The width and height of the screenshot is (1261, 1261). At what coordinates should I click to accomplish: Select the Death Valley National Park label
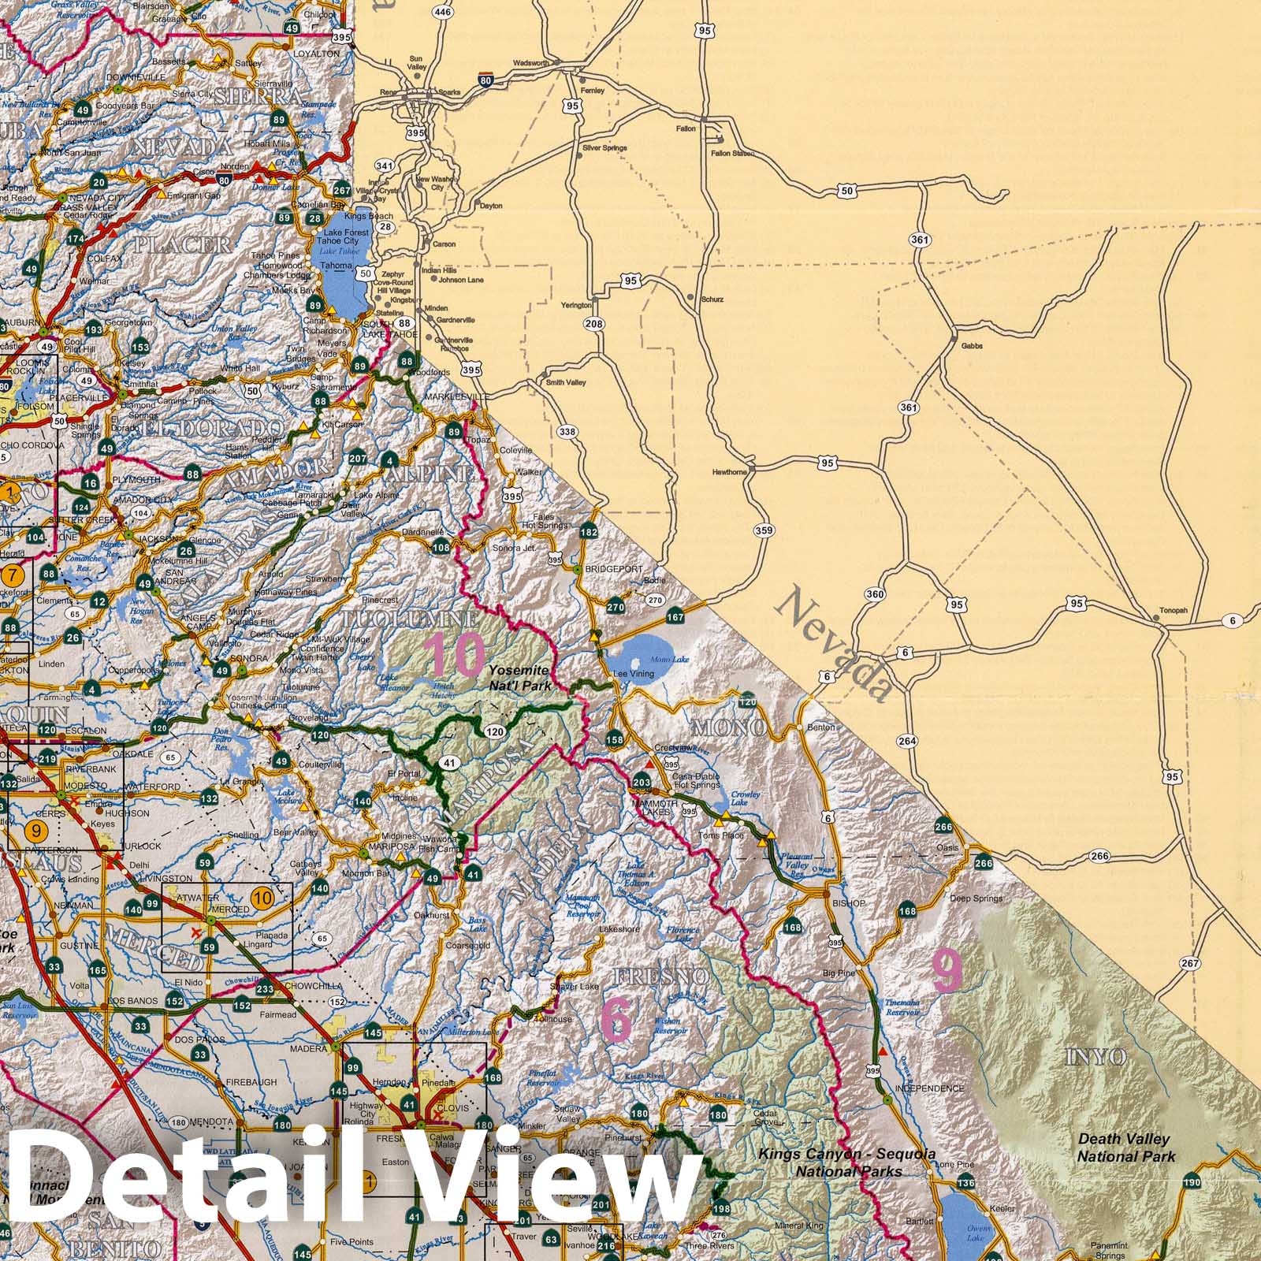click(1125, 1148)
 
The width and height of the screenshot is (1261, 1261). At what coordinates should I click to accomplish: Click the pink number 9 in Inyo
click(947, 971)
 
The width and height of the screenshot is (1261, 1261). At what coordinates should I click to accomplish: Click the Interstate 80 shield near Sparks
click(486, 80)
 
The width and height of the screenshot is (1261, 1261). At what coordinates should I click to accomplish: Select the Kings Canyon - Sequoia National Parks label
click(848, 1162)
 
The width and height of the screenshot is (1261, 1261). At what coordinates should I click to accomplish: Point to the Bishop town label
click(848, 902)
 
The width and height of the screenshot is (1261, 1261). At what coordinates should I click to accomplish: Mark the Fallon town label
click(686, 128)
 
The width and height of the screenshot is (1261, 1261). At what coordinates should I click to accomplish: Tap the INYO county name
click(1095, 1058)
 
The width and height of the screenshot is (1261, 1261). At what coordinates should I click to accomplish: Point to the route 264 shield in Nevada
click(907, 741)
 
